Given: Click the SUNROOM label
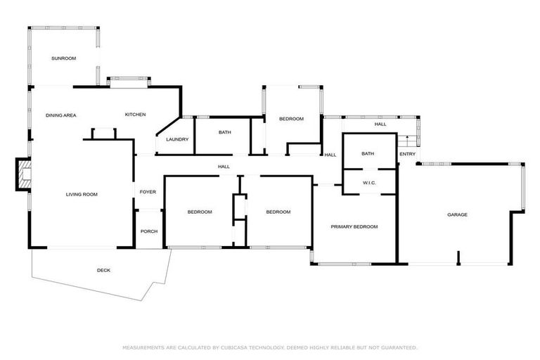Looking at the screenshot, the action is [64, 58].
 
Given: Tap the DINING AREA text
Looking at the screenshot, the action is [61, 115].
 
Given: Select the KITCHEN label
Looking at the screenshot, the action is [135, 115].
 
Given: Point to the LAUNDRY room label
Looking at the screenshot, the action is [177, 139].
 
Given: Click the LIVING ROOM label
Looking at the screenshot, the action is [82, 194].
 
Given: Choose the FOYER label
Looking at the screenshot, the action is [148, 192].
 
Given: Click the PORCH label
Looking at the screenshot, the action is [149, 231].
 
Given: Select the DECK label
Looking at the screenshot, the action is [103, 271].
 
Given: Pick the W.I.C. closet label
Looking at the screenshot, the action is [369, 183].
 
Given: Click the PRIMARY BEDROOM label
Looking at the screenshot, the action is [354, 226].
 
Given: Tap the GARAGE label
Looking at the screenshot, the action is [457, 214].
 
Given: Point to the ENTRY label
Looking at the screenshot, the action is [407, 154].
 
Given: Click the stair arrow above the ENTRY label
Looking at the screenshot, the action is [407, 139].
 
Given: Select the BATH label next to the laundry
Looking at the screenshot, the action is [225, 132].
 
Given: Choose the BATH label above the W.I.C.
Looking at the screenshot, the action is [368, 154].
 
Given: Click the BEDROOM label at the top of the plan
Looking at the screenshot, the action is [291, 119].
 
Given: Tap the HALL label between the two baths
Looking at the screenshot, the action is [330, 155].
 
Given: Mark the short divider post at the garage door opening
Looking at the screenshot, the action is [458, 257].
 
